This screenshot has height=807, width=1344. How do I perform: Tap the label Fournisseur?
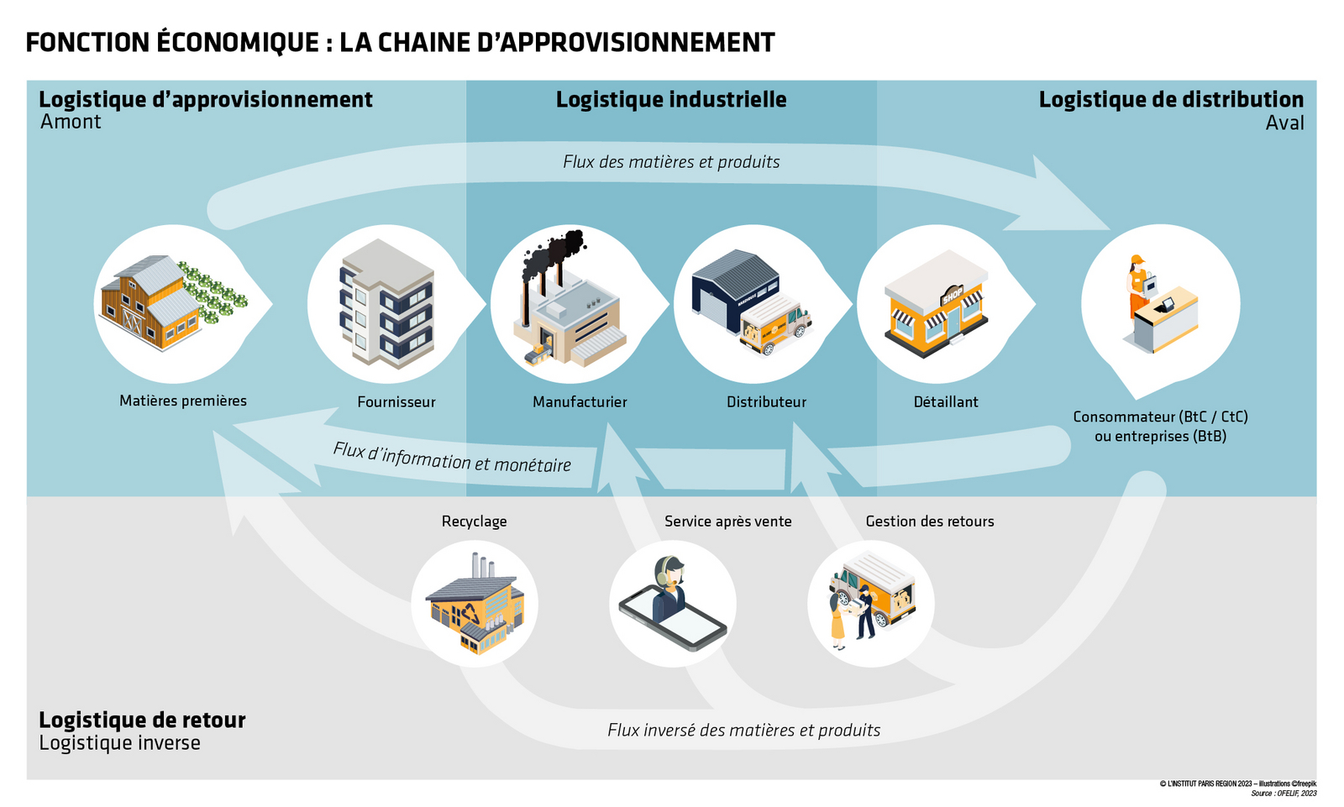tap(396, 402)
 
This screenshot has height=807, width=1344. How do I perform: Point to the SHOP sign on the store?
tap(953, 296)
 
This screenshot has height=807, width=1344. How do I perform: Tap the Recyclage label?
tap(474, 521)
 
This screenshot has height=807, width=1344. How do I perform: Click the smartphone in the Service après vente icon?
tap(673, 621)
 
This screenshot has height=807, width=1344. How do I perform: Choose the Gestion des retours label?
tap(929, 521)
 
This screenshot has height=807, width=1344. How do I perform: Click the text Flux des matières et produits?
tap(671, 162)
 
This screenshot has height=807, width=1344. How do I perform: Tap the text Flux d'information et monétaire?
tap(452, 458)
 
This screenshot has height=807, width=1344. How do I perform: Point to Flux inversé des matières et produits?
tap(743, 731)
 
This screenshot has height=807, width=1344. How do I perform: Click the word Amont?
tap(71, 123)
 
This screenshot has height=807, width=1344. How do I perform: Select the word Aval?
tap(1284, 123)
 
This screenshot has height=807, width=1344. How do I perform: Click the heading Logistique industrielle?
tap(671, 100)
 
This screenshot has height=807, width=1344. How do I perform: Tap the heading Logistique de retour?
tap(142, 721)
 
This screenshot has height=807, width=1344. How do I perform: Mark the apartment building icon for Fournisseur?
tap(386, 304)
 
